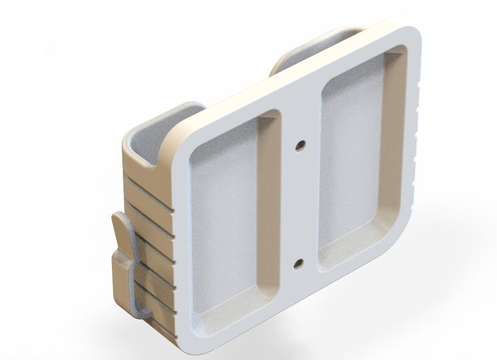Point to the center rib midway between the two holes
299,204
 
